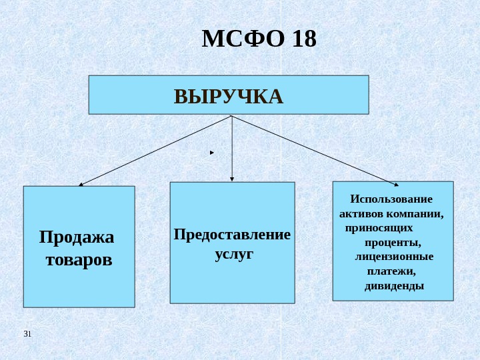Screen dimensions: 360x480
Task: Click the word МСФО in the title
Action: pyautogui.click(x=242, y=40)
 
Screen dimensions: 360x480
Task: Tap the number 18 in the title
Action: pyautogui.click(x=304, y=40)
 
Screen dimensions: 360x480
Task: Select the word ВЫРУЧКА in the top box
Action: pyautogui.click(x=229, y=97)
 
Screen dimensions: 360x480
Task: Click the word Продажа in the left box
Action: pyautogui.click(x=77, y=237)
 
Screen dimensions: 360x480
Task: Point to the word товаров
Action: pyautogui.click(x=79, y=259)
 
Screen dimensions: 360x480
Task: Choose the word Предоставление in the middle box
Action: pyautogui.click(x=232, y=235)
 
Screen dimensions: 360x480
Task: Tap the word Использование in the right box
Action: pyautogui.click(x=391, y=199)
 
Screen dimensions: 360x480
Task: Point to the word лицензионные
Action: pyautogui.click(x=394, y=257)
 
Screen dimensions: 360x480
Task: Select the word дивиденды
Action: pyautogui.click(x=394, y=286)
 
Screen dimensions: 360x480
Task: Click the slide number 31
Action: pyautogui.click(x=27, y=333)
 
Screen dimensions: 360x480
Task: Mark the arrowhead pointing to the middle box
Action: pyautogui.click(x=232, y=179)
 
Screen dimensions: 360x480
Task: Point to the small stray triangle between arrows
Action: pyautogui.click(x=211, y=153)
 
